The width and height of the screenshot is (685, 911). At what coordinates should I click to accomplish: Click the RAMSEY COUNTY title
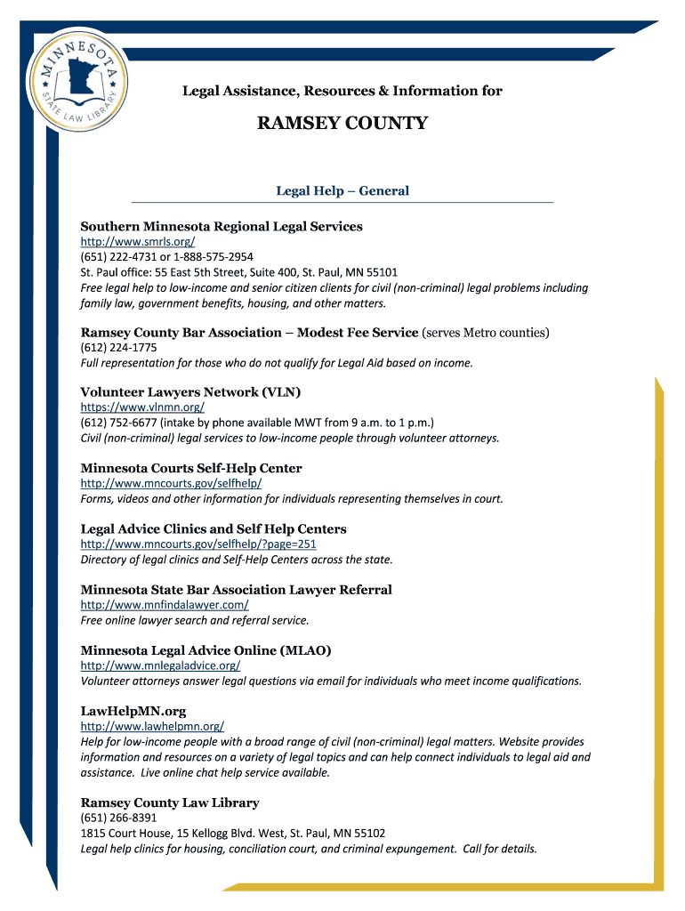342,124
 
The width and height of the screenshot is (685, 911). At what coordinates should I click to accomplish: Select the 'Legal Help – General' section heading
342,190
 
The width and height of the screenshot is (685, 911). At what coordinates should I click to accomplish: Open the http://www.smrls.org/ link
138,242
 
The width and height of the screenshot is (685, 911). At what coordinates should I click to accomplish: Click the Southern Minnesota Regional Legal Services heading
222,226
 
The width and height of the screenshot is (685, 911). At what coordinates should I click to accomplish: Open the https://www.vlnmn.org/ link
142,407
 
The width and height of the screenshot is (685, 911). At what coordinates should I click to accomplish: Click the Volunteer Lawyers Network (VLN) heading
190,392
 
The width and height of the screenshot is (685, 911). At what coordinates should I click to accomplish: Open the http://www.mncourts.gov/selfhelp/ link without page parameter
171,483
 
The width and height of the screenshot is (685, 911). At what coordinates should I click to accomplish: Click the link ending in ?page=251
198,544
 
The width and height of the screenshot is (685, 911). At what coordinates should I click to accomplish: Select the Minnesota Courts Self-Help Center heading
191,468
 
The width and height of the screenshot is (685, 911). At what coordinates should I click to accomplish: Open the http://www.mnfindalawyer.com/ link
165,605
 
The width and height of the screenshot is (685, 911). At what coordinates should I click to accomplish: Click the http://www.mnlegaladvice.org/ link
160,665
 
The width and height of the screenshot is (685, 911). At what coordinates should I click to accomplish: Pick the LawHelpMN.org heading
133,711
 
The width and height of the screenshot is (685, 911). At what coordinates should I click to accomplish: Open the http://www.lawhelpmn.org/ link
152,726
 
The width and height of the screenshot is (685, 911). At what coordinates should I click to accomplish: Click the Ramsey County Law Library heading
170,802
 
